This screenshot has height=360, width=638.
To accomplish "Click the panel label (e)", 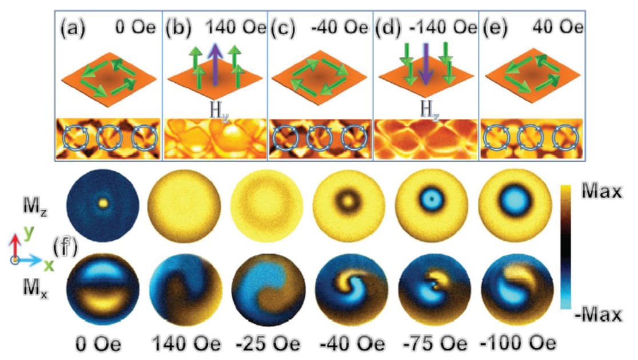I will [x=496, y=27].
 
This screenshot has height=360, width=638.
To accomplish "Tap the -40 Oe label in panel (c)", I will [x=344, y=27].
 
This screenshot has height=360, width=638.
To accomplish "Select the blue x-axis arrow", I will [x=34, y=260].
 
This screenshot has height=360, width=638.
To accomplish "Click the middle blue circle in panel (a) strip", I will [x=107, y=138].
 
